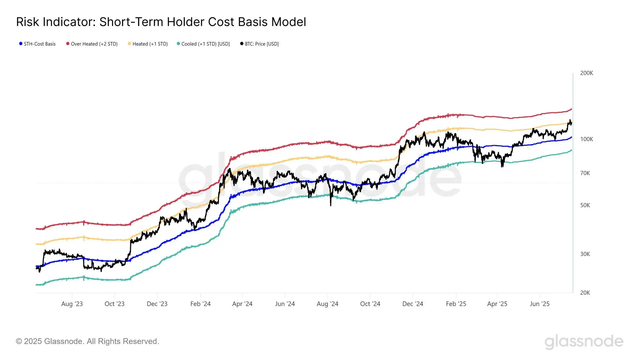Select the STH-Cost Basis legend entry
point(37,44)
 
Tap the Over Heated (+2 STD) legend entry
point(92,44)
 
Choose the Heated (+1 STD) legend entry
point(148,44)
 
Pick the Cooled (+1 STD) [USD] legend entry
point(203,44)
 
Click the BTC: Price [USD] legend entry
point(259,44)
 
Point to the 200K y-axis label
point(586,73)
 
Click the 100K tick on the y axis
point(586,139)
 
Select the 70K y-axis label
point(585,173)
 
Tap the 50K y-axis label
point(585,205)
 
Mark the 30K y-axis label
point(585,254)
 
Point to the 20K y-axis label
point(585,293)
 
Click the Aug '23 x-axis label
point(72,304)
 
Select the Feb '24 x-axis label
point(201,304)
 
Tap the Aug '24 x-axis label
point(327,304)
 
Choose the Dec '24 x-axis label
point(413,304)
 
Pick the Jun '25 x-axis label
point(540,304)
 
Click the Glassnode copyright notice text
point(87,341)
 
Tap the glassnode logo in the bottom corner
point(584,341)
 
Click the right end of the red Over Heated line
point(571,109)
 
